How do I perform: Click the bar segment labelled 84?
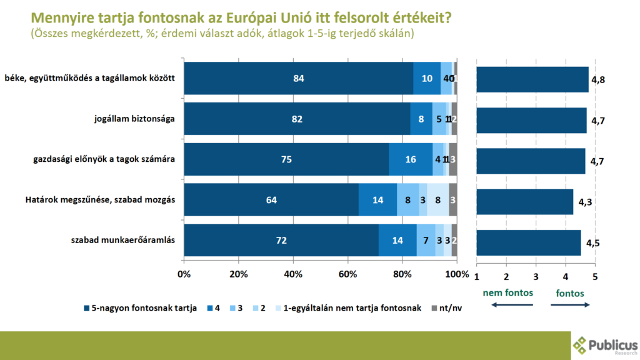coord(298,79)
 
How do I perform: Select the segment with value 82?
coord(297,119)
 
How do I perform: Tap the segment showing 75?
coord(286,159)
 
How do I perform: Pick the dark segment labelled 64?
coord(271,200)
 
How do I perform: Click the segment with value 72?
coord(281,241)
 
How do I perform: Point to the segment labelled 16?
coord(411,159)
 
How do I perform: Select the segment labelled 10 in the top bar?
coord(427,79)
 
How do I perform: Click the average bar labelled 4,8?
coord(532,79)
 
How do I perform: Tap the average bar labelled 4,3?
coord(524,201)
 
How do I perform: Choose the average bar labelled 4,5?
coord(528,242)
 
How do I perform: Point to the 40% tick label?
coord(293,274)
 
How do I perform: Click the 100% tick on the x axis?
coord(457,274)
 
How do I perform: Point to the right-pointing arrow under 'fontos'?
coord(570,304)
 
